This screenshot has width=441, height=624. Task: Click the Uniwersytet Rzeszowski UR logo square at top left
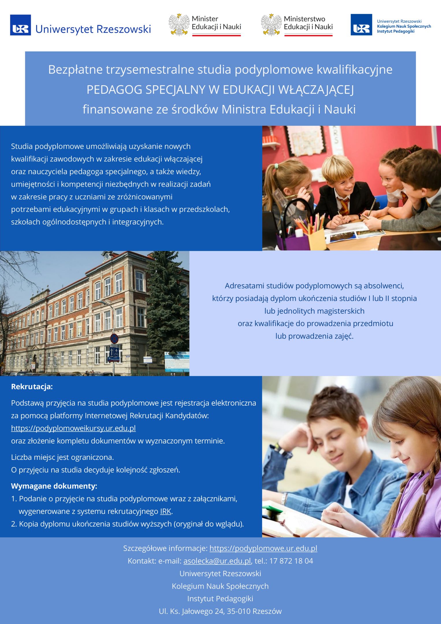pos(21,25)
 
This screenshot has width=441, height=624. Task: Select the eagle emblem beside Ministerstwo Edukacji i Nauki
pos(271,25)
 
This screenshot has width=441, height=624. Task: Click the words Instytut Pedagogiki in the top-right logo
pos(395,31)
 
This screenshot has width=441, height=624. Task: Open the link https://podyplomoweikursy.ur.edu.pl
pos(73,428)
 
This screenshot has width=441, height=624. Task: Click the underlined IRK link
pos(166,511)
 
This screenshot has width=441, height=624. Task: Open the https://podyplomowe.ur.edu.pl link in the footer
pos(263,548)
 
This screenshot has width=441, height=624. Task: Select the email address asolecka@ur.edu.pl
pos(217,561)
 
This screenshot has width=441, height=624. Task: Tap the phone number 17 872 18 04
pos(291,561)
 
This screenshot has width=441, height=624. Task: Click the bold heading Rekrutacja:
pos(32,387)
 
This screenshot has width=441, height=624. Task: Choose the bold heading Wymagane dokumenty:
pos(54,486)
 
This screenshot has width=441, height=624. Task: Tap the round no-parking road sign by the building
pos(114,339)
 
